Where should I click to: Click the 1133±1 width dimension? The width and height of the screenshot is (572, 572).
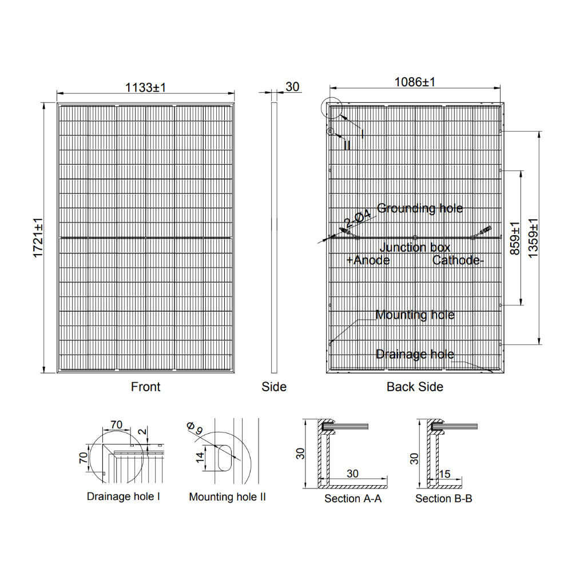(145, 87)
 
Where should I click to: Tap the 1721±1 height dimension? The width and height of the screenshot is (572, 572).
(39, 237)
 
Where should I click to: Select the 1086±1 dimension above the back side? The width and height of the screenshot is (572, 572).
(415, 82)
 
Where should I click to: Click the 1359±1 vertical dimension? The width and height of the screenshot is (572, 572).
(533, 237)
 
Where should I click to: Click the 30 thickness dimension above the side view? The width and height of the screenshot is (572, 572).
(292, 87)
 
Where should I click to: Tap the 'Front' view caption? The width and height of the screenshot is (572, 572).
(145, 387)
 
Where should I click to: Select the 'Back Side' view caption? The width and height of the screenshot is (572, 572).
(415, 387)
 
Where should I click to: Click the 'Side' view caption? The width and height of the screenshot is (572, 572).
(274, 387)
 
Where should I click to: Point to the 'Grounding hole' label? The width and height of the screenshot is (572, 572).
(420, 208)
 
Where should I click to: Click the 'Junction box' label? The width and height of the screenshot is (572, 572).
(415, 247)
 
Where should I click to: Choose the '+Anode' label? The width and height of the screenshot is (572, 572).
(368, 260)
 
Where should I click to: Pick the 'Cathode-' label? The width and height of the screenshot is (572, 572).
(458, 260)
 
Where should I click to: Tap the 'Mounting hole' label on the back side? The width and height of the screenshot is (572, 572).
(415, 315)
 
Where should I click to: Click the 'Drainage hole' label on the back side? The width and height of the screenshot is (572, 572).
(415, 355)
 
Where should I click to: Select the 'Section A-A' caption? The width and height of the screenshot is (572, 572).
(353, 499)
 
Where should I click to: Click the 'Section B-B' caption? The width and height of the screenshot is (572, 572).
(444, 499)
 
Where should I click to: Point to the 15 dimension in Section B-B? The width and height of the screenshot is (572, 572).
(445, 474)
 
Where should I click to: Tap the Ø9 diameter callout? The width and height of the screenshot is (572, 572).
(194, 428)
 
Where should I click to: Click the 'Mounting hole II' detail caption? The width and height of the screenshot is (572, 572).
(227, 497)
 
